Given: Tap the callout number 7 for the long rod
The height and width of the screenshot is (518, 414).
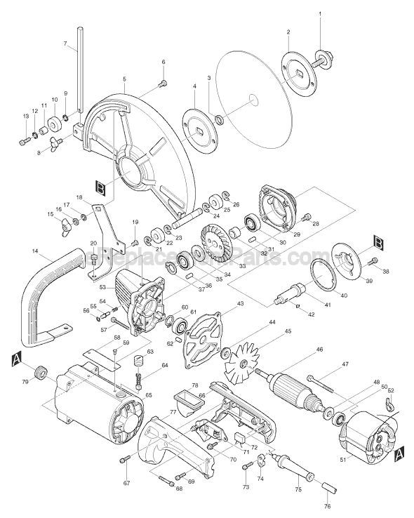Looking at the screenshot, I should pos(65,44).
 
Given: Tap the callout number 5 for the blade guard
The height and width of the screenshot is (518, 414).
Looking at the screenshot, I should pos(123,79).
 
